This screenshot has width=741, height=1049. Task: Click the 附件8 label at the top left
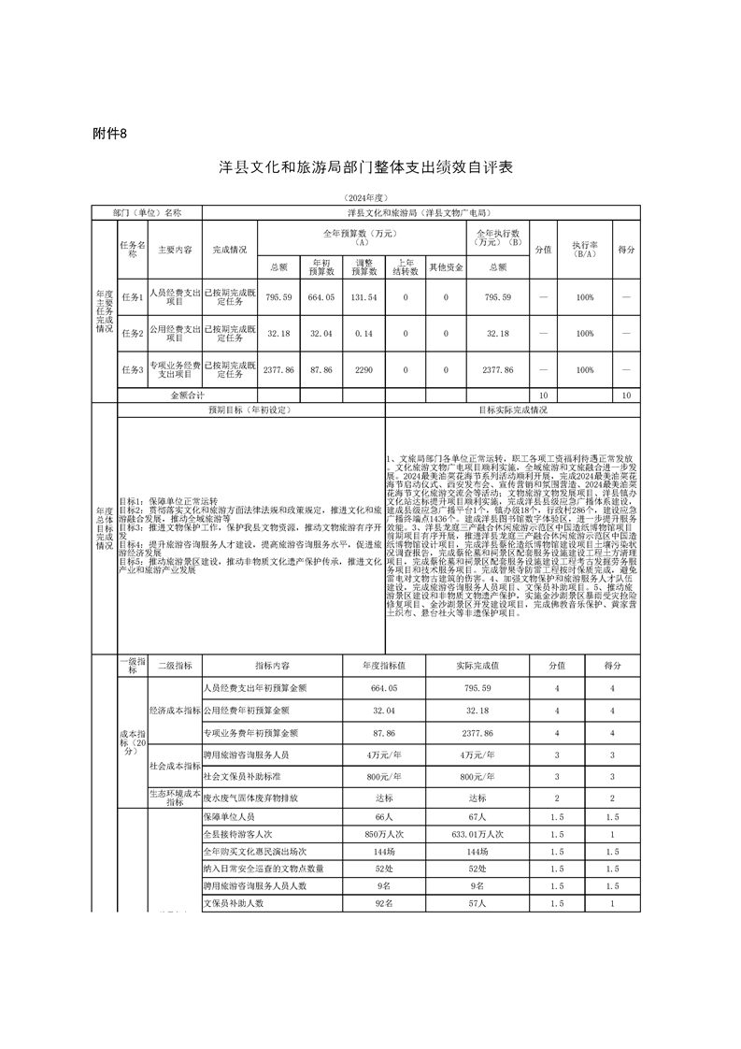point(110,133)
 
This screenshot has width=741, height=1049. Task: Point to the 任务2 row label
point(132,333)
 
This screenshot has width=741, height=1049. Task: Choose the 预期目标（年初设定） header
point(249,410)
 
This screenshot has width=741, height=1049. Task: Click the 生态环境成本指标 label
point(175,794)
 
